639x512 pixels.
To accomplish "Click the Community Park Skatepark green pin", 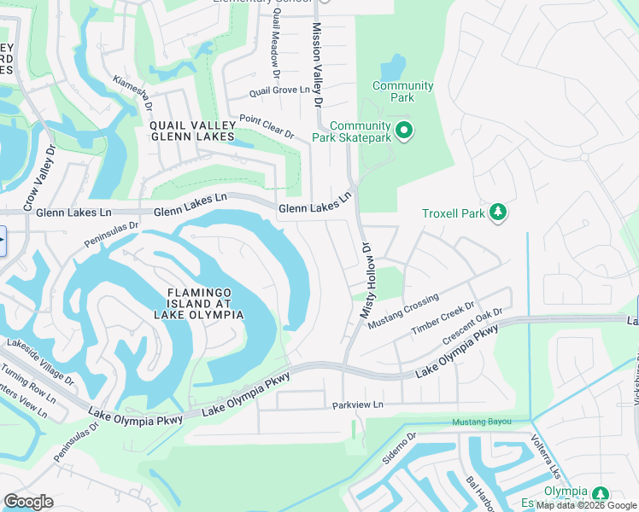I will [405, 131].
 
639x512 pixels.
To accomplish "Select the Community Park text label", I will [402, 92].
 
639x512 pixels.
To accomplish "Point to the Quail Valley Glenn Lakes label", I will [191, 131].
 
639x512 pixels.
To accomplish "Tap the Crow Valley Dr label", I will [39, 174].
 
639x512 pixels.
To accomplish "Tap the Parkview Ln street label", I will [358, 404].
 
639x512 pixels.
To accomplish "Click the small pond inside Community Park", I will [395, 67].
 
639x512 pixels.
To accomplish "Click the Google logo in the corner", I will [29, 502].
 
